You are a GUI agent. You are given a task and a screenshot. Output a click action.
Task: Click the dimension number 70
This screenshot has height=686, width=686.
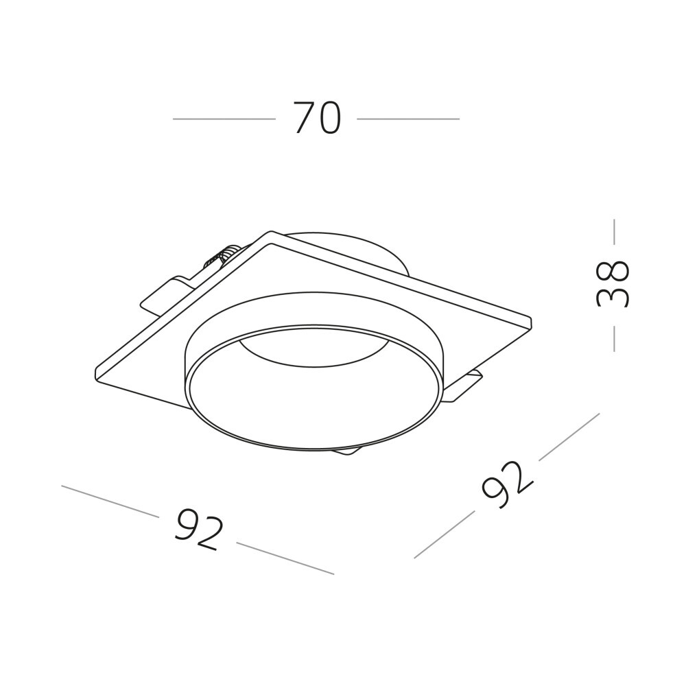317,118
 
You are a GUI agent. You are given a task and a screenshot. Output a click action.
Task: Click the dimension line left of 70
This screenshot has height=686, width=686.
224,119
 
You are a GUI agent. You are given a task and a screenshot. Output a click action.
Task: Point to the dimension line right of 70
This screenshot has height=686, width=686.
408,119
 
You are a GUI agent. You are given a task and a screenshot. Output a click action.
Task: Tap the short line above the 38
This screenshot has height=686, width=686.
614,232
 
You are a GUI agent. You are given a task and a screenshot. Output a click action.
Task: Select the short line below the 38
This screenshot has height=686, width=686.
614,338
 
